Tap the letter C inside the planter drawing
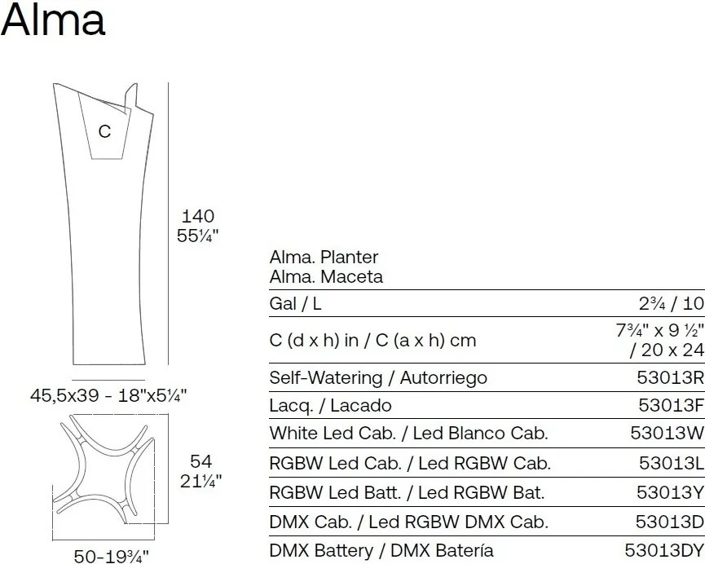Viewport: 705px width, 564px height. click(104, 131)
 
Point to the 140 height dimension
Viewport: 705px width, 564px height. click(197, 216)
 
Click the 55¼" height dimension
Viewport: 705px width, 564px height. click(197, 236)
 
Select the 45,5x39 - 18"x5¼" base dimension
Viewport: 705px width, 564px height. click(108, 395)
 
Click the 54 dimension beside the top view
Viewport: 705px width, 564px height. click(200, 461)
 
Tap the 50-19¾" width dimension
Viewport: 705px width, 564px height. click(111, 557)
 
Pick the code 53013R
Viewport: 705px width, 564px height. click(671, 377)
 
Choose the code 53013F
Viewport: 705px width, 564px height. click(671, 405)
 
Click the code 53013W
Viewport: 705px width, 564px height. click(668, 433)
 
